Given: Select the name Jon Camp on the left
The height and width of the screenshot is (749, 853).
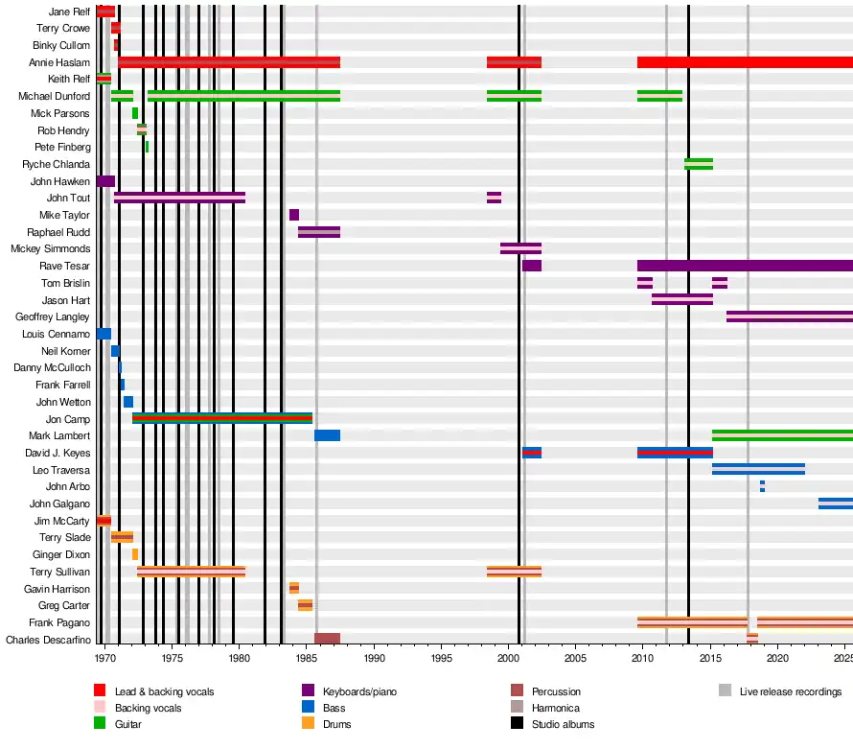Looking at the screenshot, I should [x=68, y=419].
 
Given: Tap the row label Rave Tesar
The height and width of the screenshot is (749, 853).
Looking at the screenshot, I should [x=65, y=266].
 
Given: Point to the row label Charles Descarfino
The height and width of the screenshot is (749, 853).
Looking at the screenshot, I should [x=48, y=640].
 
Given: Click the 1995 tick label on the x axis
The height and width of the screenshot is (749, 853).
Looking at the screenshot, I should [x=442, y=659].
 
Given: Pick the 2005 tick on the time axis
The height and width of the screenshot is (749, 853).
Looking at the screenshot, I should [x=576, y=659].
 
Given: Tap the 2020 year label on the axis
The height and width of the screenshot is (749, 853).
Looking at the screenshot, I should [x=777, y=659].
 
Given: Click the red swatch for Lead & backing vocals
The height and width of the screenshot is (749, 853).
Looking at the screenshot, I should [x=100, y=690].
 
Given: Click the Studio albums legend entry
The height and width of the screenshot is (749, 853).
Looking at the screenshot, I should [x=563, y=724].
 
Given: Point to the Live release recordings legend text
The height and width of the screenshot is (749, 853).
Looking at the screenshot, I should [x=791, y=690].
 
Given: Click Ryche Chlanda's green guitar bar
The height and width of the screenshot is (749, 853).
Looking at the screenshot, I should [x=699, y=164].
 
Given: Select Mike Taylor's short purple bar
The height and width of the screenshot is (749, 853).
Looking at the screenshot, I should [x=294, y=215].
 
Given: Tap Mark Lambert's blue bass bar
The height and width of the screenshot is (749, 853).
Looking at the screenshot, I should [x=327, y=435].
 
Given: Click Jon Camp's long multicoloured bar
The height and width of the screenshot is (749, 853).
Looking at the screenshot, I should [x=222, y=418].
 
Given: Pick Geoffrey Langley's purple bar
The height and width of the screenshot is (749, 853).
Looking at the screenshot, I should [x=789, y=316].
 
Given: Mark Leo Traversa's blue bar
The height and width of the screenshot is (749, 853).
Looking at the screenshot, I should [x=758, y=469].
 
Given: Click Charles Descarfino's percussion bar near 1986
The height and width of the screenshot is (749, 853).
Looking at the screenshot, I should [x=327, y=639].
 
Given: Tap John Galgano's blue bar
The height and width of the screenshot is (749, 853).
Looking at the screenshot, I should [x=835, y=503].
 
